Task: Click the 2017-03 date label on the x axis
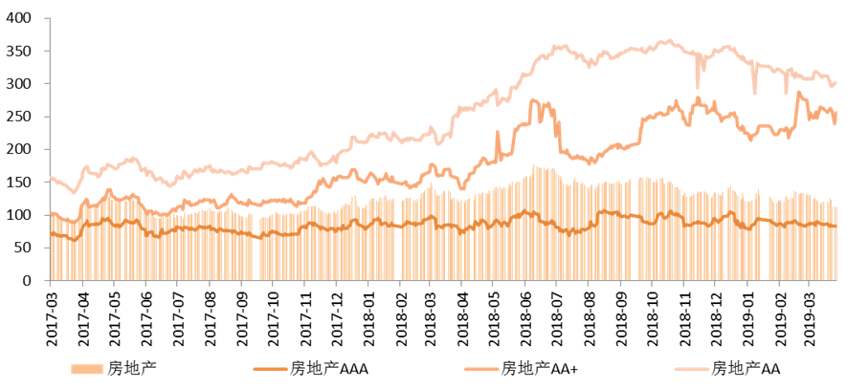51,313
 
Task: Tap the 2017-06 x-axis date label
145,313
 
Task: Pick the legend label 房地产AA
748,369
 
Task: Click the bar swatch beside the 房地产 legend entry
88,369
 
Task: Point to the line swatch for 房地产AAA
270,369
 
